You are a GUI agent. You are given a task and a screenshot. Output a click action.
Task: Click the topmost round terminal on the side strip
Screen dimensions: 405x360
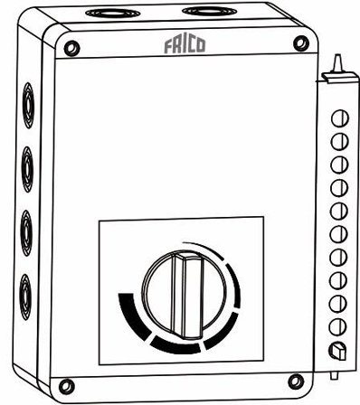341,118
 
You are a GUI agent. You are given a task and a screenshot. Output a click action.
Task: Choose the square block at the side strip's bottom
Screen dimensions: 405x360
338,350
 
